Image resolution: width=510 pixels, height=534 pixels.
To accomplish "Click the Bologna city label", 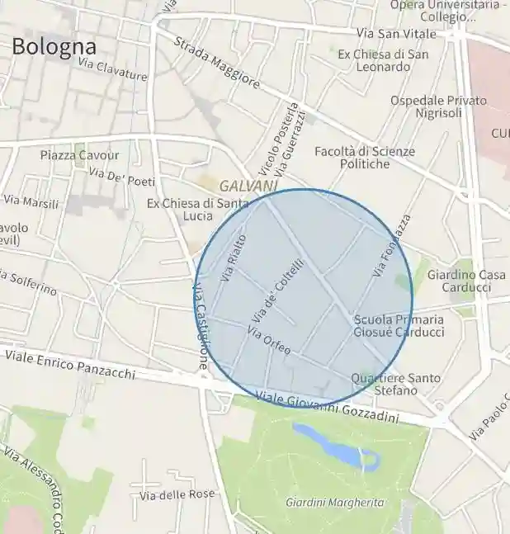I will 54,46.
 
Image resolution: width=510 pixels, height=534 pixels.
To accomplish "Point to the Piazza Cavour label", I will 79,155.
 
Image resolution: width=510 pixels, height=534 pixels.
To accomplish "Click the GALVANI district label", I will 248,187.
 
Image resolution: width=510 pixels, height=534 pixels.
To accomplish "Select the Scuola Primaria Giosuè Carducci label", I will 399,326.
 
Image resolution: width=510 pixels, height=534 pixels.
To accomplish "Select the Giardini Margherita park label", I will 334,502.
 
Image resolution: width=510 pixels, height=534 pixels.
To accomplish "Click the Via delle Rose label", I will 177,494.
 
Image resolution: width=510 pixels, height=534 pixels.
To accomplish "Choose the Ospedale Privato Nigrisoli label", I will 438,106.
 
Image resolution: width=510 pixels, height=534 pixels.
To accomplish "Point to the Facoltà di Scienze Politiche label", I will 365,158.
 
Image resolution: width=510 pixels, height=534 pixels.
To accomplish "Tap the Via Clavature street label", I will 112,69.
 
